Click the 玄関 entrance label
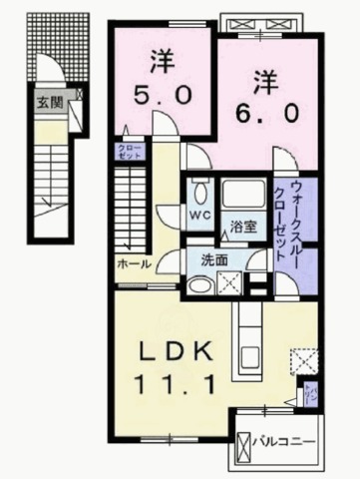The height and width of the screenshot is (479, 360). [49, 101]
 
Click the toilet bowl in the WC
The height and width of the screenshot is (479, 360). [198, 191]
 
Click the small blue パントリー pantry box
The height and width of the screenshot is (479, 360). [312, 395]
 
